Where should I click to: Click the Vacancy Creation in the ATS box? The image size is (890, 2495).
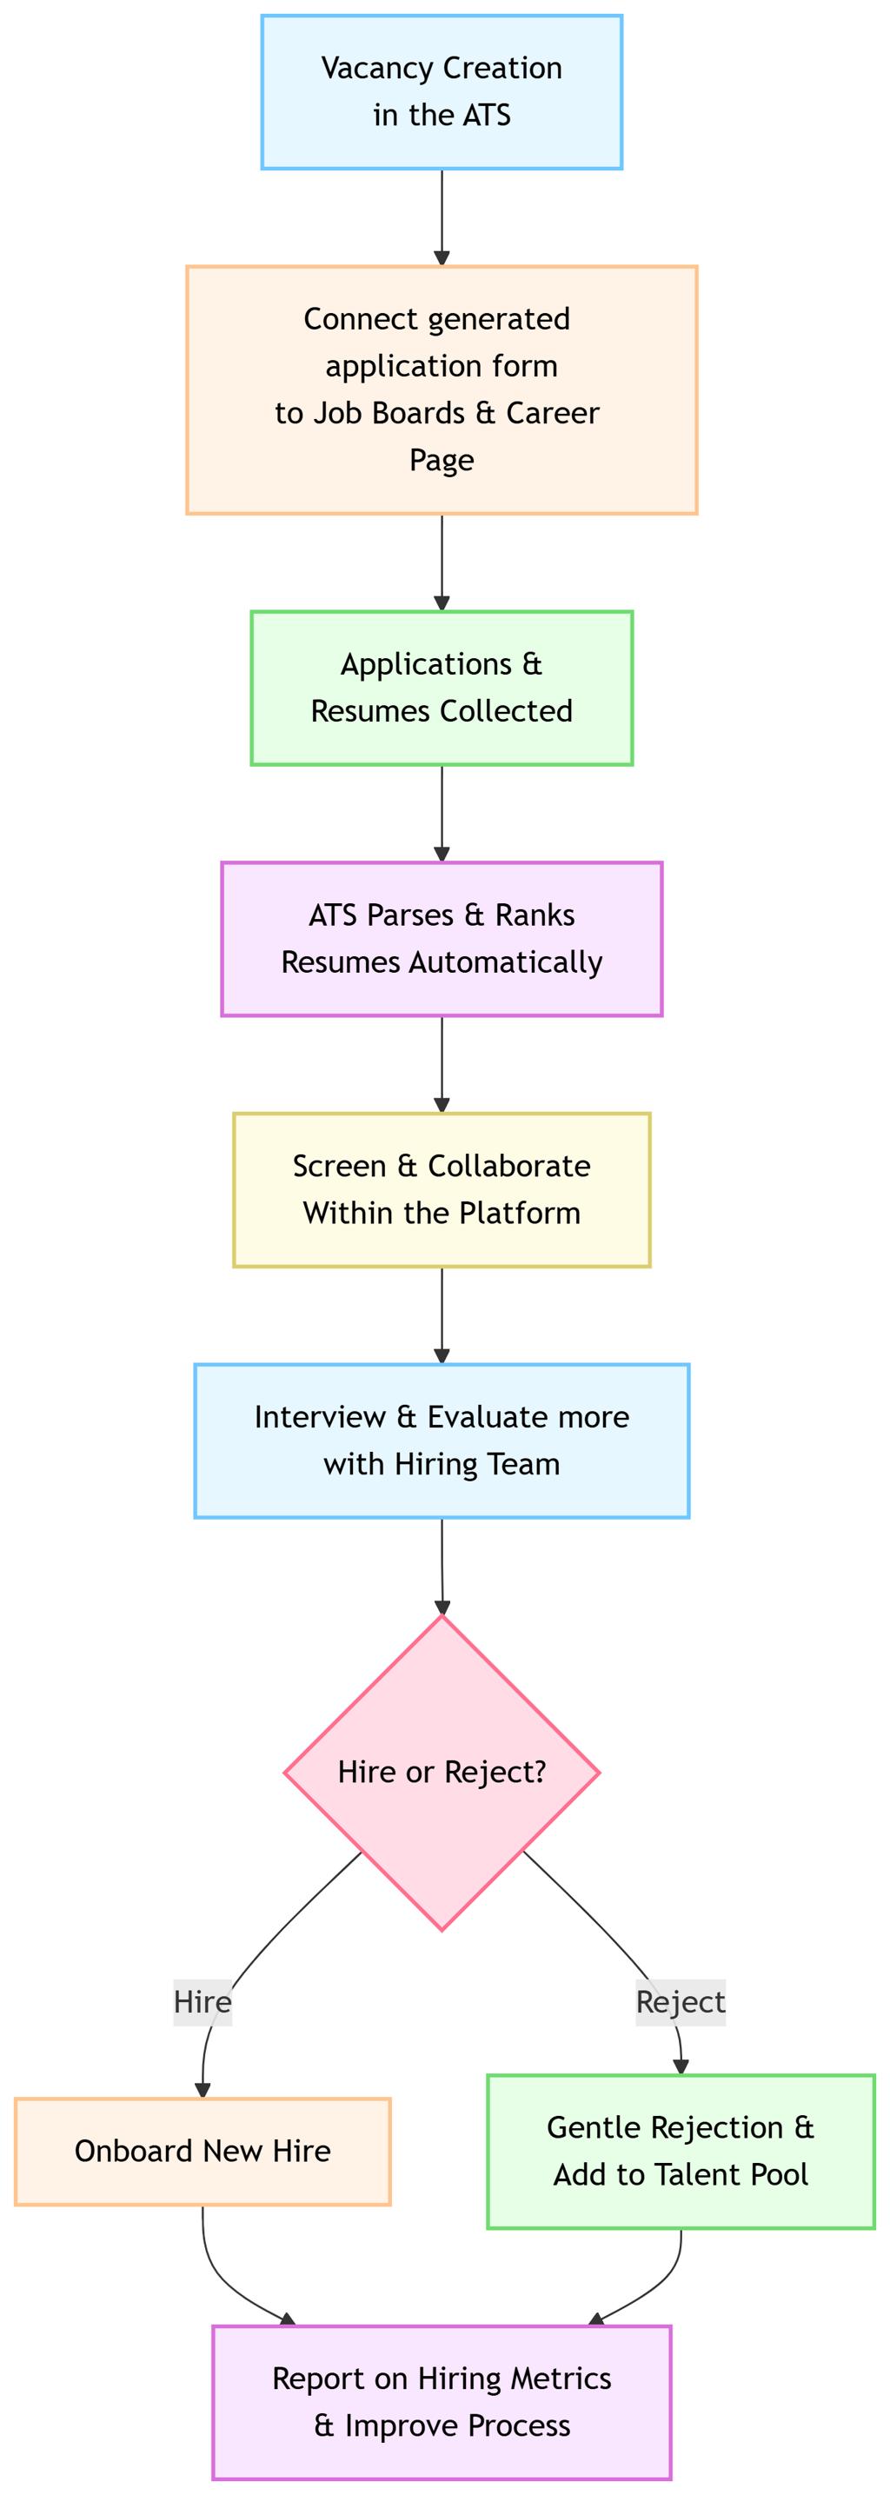pos(442,92)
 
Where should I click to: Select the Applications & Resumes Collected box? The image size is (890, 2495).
pos(442,688)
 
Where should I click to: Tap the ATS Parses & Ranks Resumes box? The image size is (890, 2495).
pos(442,939)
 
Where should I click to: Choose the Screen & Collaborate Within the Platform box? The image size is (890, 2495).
pos(442,1189)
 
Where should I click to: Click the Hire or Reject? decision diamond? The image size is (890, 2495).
pos(442,1773)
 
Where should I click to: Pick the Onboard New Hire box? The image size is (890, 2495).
pos(203,2151)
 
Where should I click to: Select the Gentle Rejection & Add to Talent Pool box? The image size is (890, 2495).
pos(681,2151)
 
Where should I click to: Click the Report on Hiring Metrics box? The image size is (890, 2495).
pos(442,2402)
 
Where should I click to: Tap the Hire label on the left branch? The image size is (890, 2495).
pos(203,2002)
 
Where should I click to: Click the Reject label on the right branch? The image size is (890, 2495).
pos(681,2002)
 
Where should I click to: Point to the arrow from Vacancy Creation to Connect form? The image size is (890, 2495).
pos(442,218)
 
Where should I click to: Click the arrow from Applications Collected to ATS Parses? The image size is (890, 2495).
pos(442,814)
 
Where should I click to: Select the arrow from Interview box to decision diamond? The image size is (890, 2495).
pos(442,1567)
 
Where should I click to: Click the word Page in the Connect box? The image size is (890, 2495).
pos(442,459)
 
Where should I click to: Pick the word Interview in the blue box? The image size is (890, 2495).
pos(321,1417)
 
